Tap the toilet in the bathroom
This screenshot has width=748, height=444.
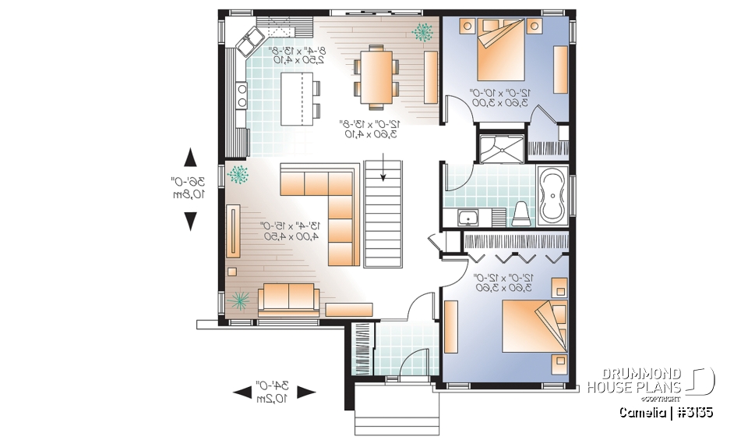(x=522, y=213)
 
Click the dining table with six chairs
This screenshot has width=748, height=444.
(x=376, y=74)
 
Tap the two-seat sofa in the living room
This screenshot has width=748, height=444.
(x=288, y=297)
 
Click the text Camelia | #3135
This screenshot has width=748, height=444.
(x=666, y=411)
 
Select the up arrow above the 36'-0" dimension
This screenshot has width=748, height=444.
(x=189, y=158)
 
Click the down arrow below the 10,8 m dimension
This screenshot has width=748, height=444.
(x=189, y=222)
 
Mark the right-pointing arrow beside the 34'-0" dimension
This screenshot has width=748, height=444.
(x=305, y=392)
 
